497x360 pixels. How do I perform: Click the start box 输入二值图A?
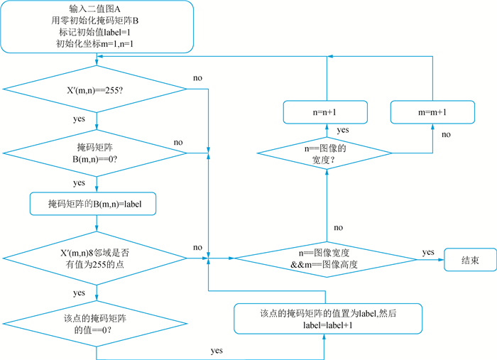(x=96, y=26)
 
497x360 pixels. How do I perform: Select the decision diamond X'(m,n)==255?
(x=96, y=89)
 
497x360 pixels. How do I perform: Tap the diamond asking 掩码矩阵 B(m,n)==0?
(x=96, y=152)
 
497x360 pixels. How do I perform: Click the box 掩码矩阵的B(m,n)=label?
(x=96, y=204)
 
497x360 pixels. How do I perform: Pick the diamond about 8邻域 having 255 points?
(x=96, y=258)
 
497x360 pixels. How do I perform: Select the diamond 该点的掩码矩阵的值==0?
(x=96, y=323)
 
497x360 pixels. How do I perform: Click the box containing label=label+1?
(x=329, y=319)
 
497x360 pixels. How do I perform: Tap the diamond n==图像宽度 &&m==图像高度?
(x=329, y=258)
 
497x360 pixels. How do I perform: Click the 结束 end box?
(x=470, y=258)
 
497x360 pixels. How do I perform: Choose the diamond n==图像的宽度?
(x=328, y=153)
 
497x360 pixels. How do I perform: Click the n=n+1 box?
(x=326, y=112)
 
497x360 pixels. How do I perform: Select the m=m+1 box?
(x=432, y=112)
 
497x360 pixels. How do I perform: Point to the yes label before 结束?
(x=428, y=252)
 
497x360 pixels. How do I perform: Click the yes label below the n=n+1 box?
(x=343, y=130)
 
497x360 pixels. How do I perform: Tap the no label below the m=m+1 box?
(x=446, y=133)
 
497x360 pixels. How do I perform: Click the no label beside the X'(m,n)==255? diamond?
(x=198, y=77)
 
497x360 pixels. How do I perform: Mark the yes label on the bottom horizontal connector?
(x=217, y=351)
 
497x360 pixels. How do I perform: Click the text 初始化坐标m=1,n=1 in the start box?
(x=95, y=43)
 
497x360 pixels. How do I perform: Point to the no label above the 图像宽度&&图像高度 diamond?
(x=338, y=227)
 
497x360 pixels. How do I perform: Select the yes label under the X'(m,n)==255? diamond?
(x=80, y=119)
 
